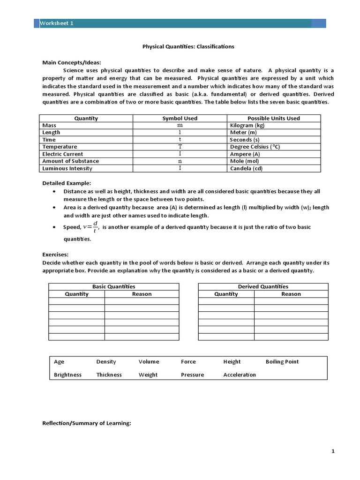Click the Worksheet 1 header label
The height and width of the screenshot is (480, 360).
point(56,23)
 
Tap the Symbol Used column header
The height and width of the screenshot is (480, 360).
point(180,119)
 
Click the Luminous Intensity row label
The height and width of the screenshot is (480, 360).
point(67,168)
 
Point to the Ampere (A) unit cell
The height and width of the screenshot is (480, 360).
point(244,154)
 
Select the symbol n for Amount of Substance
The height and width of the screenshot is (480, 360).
point(180,161)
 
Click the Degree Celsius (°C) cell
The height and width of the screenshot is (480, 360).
point(255,147)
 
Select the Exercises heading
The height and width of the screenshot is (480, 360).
point(55,255)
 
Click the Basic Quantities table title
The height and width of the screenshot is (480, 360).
point(113,286)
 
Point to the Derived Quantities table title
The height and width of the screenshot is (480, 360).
point(263,286)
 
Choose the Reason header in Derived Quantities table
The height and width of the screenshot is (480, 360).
point(291,294)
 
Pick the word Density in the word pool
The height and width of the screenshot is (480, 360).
point(106,362)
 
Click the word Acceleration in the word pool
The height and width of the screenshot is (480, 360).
point(240,375)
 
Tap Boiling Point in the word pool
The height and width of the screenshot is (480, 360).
point(282,362)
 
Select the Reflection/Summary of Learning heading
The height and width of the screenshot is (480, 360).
point(86,423)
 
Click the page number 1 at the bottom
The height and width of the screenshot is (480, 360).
point(333,451)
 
